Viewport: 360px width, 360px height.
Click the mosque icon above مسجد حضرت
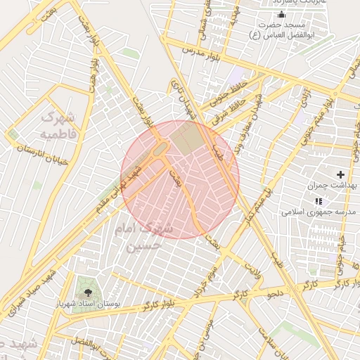point(282,14)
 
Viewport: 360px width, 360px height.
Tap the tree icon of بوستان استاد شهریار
point(88,292)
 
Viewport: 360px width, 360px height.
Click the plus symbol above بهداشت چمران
point(341,174)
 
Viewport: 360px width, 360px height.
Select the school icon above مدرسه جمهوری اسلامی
point(318,200)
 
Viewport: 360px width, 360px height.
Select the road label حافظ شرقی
point(236,105)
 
